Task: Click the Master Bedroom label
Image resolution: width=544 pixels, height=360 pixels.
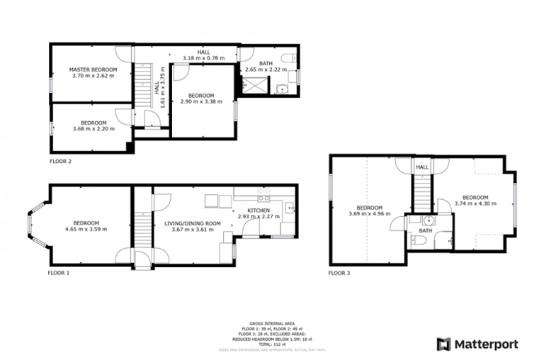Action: pyautogui.click(x=93, y=69)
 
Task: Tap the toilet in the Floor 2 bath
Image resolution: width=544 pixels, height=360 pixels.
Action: pyautogui.click(x=285, y=58)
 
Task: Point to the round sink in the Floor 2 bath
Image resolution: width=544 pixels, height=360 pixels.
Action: pyautogui.click(x=282, y=89)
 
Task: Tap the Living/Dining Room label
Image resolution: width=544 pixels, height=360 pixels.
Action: pyautogui.click(x=193, y=223)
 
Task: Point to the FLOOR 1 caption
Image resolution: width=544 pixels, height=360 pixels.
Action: pyautogui.click(x=59, y=272)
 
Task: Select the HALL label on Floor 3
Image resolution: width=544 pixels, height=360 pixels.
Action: pyautogui.click(x=422, y=167)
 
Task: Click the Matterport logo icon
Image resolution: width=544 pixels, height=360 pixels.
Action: pyautogui.click(x=443, y=344)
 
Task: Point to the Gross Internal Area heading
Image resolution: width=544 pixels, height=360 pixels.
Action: pyautogui.click(x=271, y=322)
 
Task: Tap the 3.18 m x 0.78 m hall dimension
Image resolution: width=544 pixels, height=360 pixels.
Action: pyautogui.click(x=198, y=57)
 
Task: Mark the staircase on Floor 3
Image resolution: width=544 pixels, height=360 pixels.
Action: pyautogui.click(x=422, y=191)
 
